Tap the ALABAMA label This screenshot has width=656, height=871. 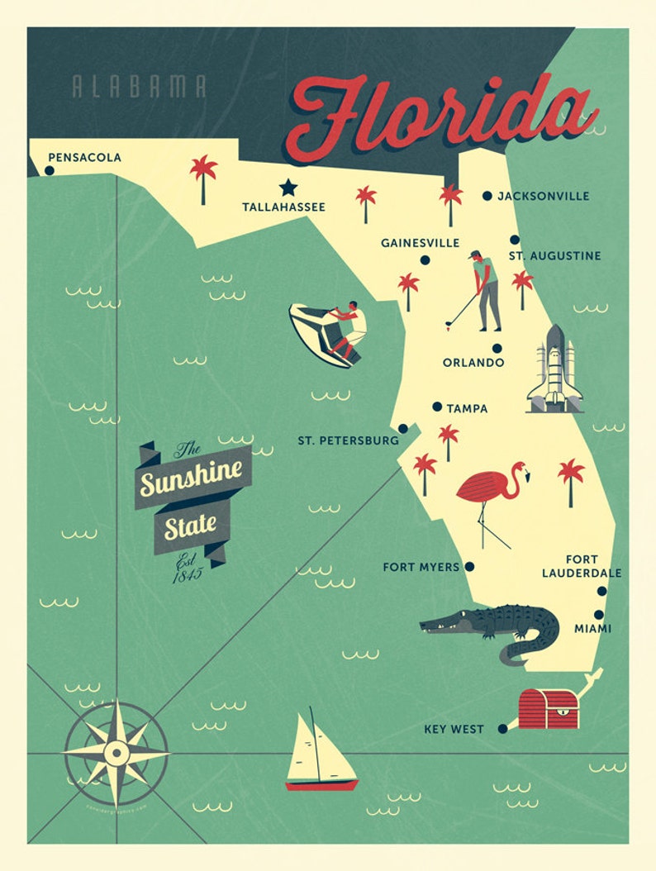[x=139, y=87]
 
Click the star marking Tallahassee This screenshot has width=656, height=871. [x=288, y=188]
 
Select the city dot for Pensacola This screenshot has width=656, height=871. [x=49, y=171]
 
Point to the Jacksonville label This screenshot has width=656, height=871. [x=543, y=196]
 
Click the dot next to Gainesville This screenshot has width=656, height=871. [x=425, y=259]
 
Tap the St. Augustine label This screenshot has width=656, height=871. [x=554, y=256]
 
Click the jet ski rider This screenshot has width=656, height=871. [x=330, y=333]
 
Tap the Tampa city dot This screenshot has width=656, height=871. [x=437, y=407]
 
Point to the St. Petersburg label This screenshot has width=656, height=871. [x=348, y=440]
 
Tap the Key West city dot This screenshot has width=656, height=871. [x=502, y=729]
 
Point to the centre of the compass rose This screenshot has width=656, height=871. [x=116, y=752]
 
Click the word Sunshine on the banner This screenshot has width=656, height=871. [x=191, y=478]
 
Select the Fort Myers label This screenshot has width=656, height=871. [x=421, y=567]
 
